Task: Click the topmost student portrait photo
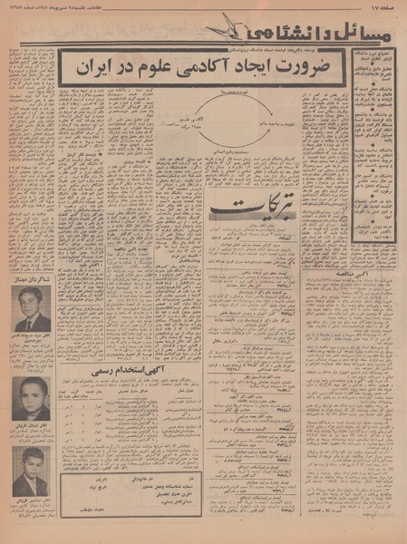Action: tap(34, 309)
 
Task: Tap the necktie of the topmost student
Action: tap(33, 322)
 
